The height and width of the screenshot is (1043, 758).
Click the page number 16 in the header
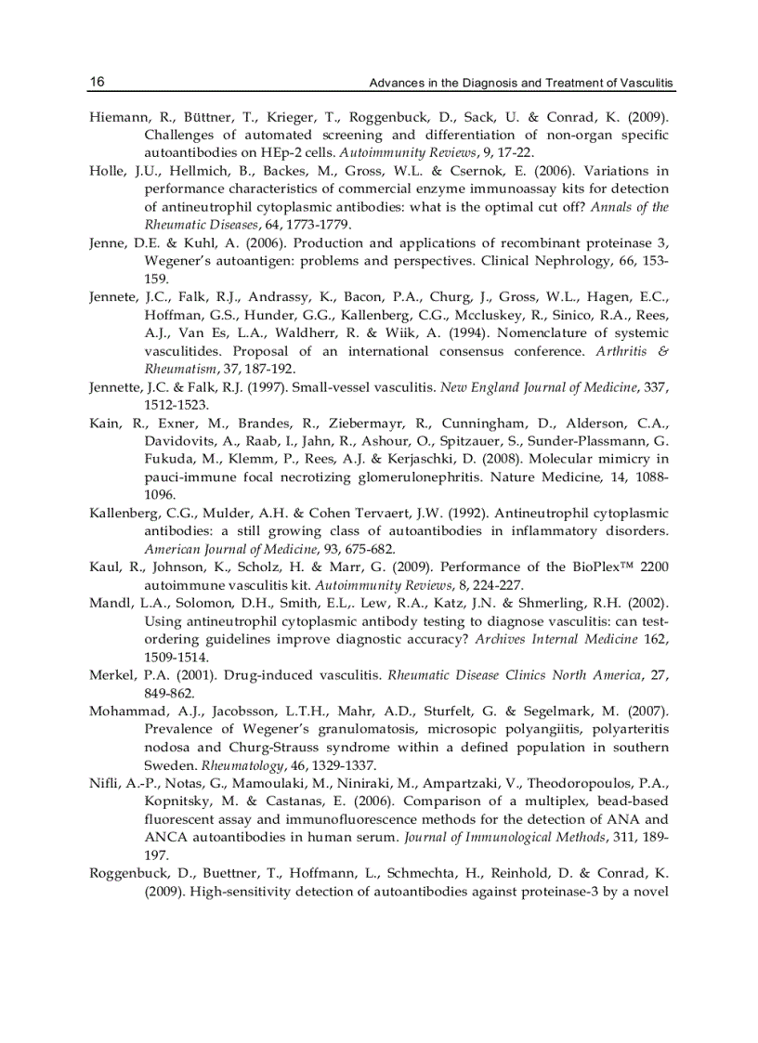pyautogui.click(x=97, y=83)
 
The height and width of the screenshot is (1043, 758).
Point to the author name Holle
pyautogui.click(x=107, y=171)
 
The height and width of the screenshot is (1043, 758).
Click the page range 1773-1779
pyautogui.click(x=319, y=224)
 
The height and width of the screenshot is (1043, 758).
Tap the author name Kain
pyautogui.click(x=104, y=423)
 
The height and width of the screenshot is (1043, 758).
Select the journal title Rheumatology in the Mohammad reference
pyautogui.click(x=236, y=765)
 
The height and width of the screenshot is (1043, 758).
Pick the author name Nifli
pyautogui.click(x=102, y=784)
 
